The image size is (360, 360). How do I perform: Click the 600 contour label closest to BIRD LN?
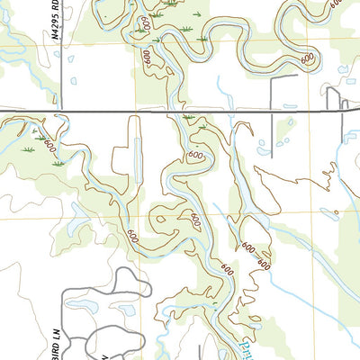[132, 238]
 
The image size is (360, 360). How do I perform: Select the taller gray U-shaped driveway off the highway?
[332, 97]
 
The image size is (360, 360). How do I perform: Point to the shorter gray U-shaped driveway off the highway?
[347, 103]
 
